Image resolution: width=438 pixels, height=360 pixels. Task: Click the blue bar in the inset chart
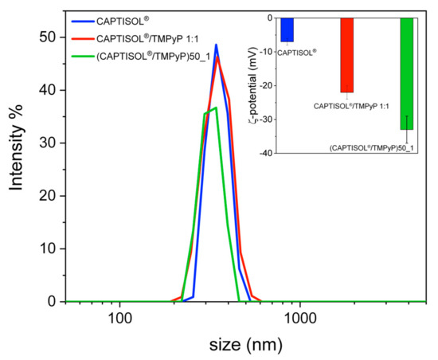[x=287, y=29]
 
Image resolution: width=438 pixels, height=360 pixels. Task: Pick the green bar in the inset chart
[x=407, y=73]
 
